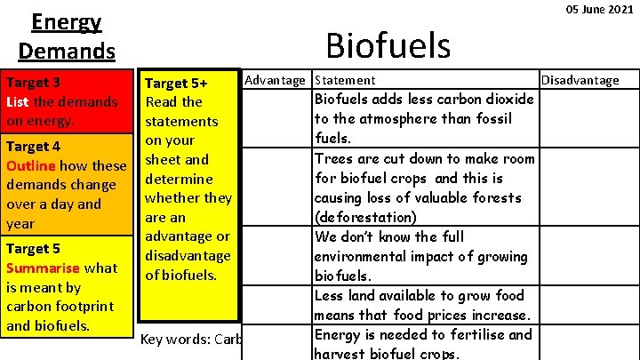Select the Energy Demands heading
[66, 36]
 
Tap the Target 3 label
[33, 83]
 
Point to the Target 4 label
[33, 147]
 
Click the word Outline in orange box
[30, 166]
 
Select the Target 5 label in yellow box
[33, 248]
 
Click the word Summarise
[42, 268]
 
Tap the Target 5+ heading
[176, 83]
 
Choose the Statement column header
[345, 80]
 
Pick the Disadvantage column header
[580, 80]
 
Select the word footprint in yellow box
[89, 307]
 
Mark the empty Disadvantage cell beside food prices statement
[588, 305]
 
